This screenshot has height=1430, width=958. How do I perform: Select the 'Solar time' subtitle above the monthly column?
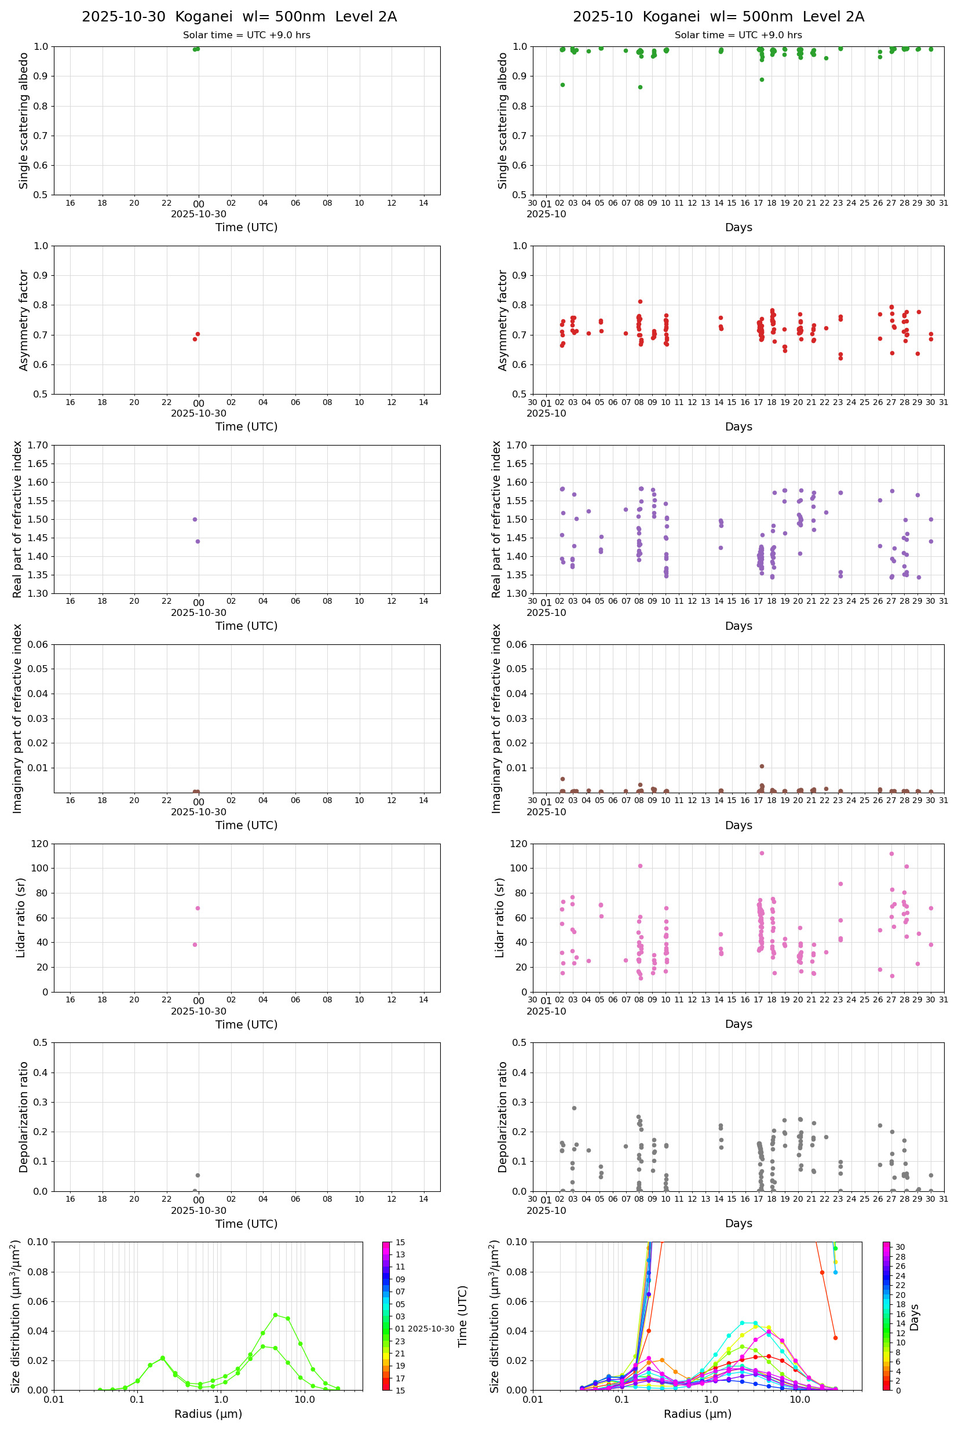coord(738,35)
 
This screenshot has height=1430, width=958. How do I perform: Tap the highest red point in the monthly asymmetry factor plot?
coord(640,301)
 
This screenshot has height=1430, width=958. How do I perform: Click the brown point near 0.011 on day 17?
coord(761,767)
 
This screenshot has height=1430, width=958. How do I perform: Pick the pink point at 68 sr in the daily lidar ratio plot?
coord(198,908)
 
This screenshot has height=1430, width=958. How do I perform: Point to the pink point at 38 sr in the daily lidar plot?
coord(195,945)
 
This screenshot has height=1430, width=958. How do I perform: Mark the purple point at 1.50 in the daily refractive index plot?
coord(195,519)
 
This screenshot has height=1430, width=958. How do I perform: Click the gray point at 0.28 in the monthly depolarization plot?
coord(574,1108)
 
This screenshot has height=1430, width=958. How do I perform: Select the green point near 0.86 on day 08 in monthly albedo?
coord(640,87)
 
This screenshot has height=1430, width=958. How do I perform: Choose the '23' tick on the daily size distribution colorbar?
coord(400,1354)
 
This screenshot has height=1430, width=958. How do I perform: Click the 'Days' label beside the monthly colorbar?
coord(914,1318)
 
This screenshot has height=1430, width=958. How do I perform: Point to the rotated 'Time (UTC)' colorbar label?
coord(463,1316)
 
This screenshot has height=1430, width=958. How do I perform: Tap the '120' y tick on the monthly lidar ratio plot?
coord(519,844)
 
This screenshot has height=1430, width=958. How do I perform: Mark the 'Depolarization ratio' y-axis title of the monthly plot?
coord(503,1117)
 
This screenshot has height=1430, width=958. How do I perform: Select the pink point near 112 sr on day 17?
coord(761,853)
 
